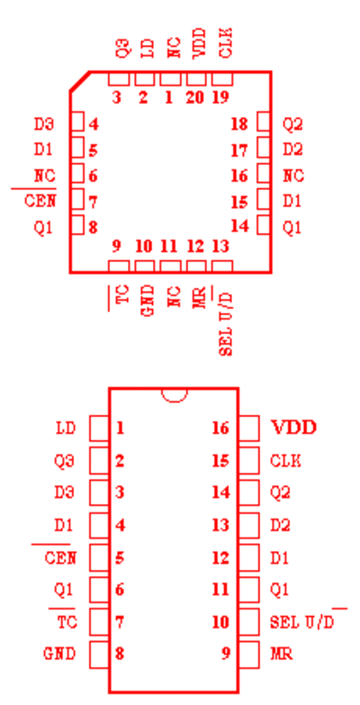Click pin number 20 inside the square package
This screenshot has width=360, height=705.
pyautogui.click(x=194, y=97)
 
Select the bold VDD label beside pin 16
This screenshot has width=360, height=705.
pyautogui.click(x=294, y=427)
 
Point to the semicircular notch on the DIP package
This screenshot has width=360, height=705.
pyautogui.click(x=174, y=394)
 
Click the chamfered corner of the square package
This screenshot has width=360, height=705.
pyautogui.click(x=79, y=81)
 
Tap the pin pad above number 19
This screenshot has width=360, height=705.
pyautogui.click(x=222, y=79)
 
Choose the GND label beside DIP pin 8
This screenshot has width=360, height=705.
pyautogui.click(x=59, y=654)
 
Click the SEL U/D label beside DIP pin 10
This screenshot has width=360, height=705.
pyautogui.click(x=301, y=622)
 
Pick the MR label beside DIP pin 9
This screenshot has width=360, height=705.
pyautogui.click(x=282, y=654)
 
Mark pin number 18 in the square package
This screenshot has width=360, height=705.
pyautogui.click(x=239, y=123)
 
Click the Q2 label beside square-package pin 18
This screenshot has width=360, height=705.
pyautogui.click(x=292, y=124)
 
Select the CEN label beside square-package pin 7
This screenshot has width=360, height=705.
pyautogui.click(x=40, y=201)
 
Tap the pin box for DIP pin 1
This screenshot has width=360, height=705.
pyautogui.click(x=99, y=428)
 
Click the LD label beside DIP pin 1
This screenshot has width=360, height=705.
pyautogui.click(x=66, y=428)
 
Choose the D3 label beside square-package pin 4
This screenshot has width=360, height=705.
pyautogui.click(x=44, y=123)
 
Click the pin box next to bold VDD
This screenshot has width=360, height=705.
pyautogui.click(x=248, y=428)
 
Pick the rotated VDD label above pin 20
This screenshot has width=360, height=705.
pyautogui.click(x=199, y=42)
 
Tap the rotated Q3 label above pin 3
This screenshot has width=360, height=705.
pyautogui.click(x=122, y=48)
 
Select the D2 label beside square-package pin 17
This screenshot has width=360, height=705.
pyautogui.click(x=292, y=149)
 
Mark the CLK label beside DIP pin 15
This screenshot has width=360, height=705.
pyautogui.click(x=285, y=461)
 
